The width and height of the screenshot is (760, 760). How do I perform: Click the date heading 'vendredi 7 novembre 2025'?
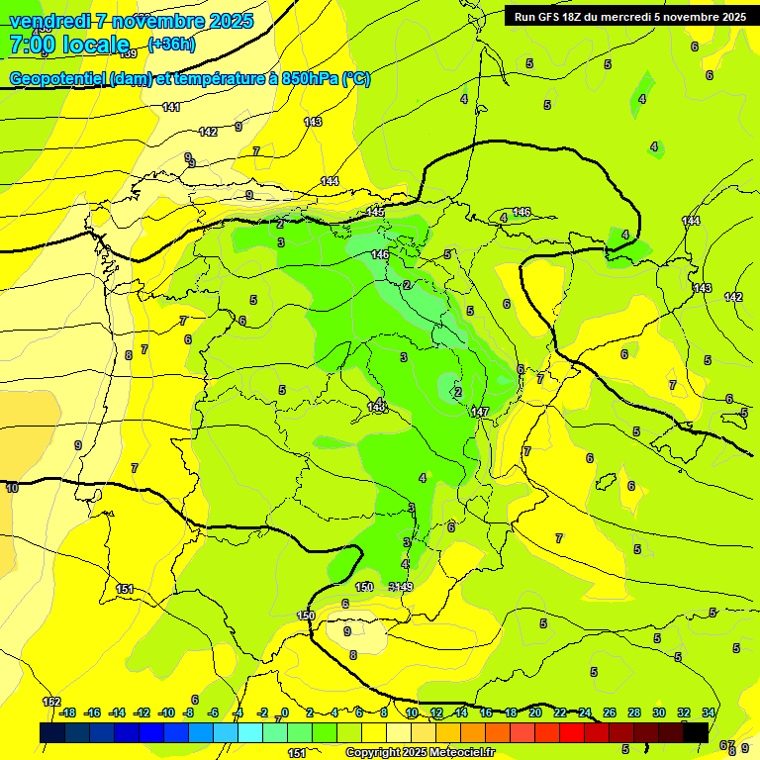click(x=132, y=21)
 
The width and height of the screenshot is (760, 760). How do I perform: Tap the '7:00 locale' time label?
click(x=69, y=45)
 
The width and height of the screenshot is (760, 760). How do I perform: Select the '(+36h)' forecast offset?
click(x=171, y=44)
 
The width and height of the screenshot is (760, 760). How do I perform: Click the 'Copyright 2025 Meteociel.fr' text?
click(x=420, y=752)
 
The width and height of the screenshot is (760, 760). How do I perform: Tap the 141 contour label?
click(x=170, y=107)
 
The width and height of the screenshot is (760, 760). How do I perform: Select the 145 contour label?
click(x=375, y=213)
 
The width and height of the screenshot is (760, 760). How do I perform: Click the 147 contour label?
click(x=481, y=412)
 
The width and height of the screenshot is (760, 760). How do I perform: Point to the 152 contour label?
click(x=51, y=702)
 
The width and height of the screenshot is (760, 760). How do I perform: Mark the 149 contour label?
click(x=404, y=587)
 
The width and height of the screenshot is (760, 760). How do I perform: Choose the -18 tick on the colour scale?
click(x=67, y=712)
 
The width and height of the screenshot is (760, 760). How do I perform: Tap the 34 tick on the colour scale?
click(x=709, y=712)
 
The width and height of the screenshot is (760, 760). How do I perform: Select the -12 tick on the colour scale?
click(x=142, y=712)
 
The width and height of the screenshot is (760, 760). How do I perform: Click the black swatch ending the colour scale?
click(x=696, y=732)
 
